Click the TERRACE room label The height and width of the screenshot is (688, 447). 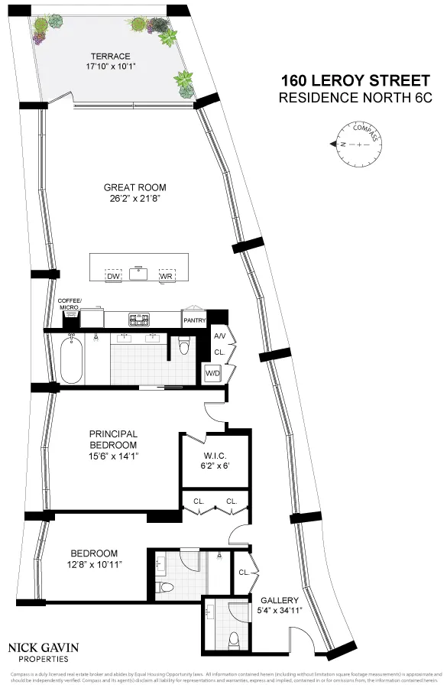click(x=111, y=56)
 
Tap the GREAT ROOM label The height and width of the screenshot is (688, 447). click(x=134, y=187)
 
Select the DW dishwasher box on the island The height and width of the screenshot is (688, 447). click(x=114, y=275)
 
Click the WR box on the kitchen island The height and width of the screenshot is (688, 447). click(x=166, y=275)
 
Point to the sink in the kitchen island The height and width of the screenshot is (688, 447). click(x=138, y=273)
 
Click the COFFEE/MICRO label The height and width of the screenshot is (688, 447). click(x=70, y=303)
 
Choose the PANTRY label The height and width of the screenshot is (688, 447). click(x=194, y=320)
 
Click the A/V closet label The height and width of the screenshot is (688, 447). click(x=219, y=336)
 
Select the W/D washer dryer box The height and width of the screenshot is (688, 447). click(x=212, y=373)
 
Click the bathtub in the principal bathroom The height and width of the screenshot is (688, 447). click(x=71, y=361)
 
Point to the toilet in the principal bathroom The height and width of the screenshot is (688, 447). click(x=183, y=348)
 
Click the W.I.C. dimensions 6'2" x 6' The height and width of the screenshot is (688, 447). click(x=215, y=465)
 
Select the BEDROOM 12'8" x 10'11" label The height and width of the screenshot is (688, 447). click(x=94, y=559)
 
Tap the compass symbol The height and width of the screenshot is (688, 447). click(x=357, y=143)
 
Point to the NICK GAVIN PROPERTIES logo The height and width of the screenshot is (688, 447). click(x=43, y=651)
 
